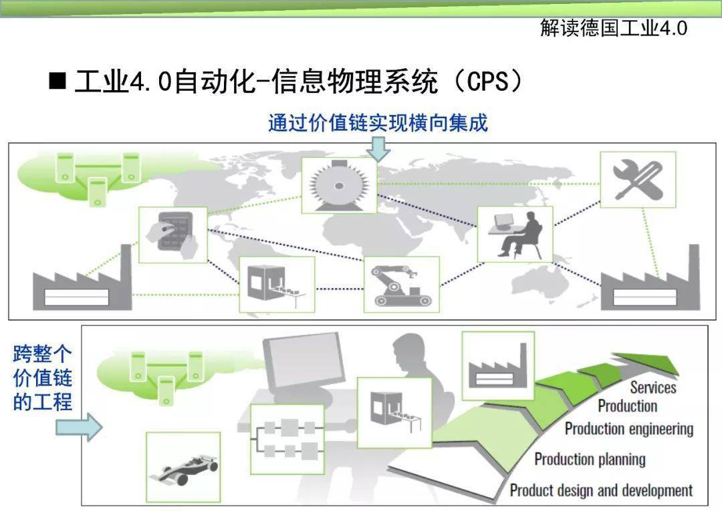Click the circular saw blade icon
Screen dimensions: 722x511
pos(340,185)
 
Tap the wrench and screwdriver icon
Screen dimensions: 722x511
pos(638,180)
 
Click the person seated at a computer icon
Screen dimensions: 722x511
pos(515,234)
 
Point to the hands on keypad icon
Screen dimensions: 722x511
pos(173,235)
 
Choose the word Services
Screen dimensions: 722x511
pos(653,387)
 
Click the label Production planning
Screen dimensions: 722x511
pos(590,459)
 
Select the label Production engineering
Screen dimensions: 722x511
pos(629,429)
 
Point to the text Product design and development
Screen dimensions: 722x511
pos(601,490)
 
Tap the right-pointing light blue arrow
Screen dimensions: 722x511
pos(79,428)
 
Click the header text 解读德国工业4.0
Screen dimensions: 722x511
pos(614,28)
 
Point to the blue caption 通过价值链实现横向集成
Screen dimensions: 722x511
pos(378,124)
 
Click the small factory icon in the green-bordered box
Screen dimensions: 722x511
pos(498,366)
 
